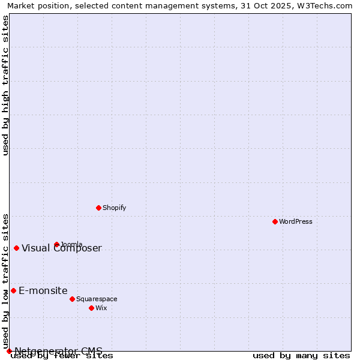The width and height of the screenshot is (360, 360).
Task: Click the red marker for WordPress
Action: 275,221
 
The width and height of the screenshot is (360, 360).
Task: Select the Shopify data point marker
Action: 99,208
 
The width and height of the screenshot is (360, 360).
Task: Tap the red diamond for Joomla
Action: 57,244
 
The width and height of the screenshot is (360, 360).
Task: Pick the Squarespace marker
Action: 72,299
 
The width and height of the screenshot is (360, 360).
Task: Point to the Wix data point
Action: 91,308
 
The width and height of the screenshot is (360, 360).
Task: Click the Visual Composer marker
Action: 16,248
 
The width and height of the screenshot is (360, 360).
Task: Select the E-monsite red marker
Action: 13,290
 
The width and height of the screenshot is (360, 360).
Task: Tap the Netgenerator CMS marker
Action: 9,351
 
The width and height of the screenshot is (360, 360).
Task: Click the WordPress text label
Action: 296,221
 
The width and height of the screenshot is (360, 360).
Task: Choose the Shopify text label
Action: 115,208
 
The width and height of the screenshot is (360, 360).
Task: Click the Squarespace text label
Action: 97,299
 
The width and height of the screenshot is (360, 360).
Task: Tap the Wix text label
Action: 101,308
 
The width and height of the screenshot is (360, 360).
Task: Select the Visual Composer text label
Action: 62,248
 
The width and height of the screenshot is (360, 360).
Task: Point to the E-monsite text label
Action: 43,291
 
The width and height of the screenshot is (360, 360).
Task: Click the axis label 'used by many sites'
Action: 301,356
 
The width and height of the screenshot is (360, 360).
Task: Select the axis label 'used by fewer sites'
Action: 62,356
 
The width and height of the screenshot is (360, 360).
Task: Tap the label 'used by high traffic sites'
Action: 6,85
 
